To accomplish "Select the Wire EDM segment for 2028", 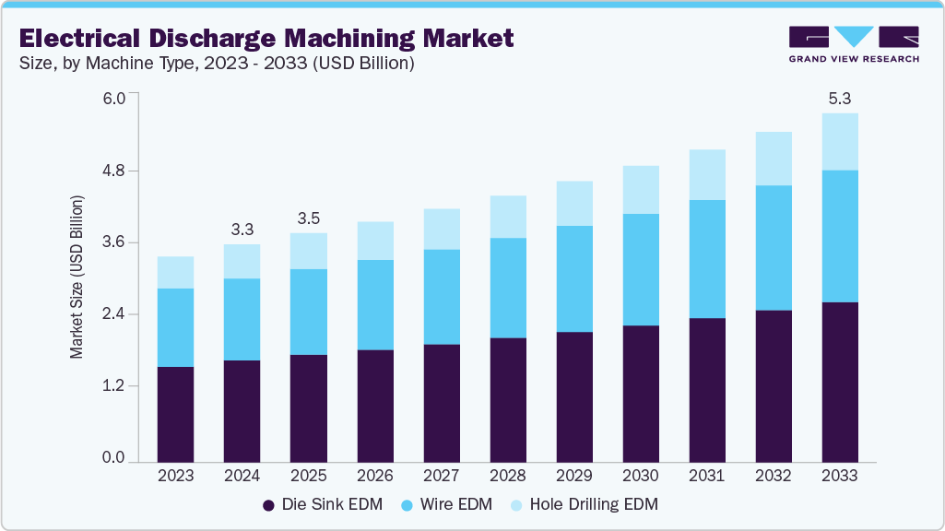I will pos(507,288).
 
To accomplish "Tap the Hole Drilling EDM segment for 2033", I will pos(840,141).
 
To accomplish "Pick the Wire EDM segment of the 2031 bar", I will pos(707,258).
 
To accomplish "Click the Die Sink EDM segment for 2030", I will pos(641,393).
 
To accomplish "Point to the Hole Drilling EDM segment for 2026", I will pos(374,241).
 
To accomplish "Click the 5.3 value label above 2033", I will pos(840,98).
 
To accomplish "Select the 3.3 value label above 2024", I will pos(242,228).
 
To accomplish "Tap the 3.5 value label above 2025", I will pos(308,218).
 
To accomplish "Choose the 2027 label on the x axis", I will pos(441,477).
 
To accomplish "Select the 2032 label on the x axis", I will pos(774,477).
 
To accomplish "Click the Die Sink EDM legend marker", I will pos(269,505).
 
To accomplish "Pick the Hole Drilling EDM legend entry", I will pos(586,505).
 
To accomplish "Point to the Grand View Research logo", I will pos(853,43).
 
